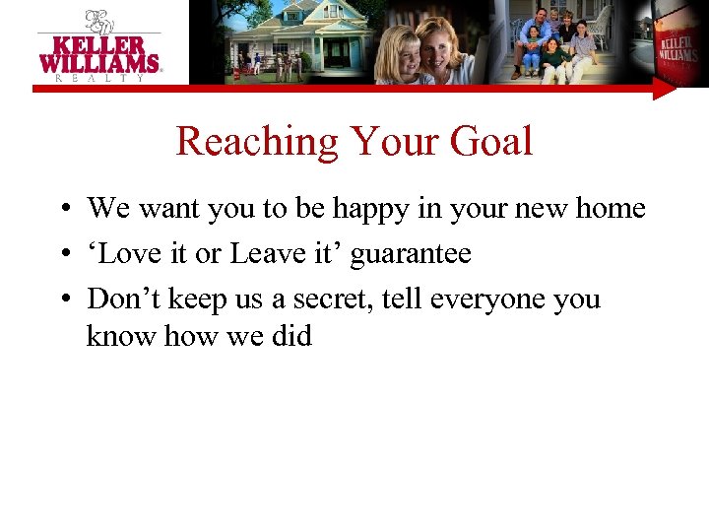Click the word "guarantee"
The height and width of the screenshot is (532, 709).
(x=411, y=254)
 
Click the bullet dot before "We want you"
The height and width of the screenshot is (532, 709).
(x=62, y=210)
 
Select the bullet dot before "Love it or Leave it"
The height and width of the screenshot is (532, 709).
(x=62, y=255)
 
